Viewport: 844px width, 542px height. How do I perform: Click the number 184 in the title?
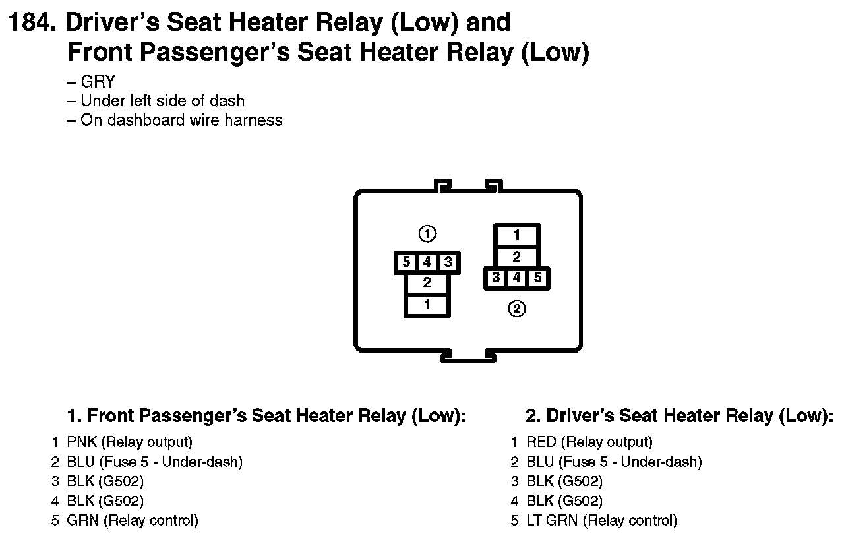coord(29,23)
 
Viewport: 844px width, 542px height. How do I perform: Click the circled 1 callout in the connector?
coord(427,233)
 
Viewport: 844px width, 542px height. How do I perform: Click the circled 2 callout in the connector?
coord(517,308)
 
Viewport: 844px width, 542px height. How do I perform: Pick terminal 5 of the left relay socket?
coord(407,262)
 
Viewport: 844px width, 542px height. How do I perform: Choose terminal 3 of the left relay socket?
coord(448,262)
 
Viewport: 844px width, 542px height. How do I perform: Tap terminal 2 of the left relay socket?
coord(427,284)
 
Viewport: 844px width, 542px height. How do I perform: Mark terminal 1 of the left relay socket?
coord(427,305)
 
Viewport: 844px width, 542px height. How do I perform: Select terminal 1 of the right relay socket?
coord(517,235)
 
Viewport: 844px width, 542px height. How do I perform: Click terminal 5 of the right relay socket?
coord(538,278)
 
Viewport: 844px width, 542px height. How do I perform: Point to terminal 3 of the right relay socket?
coord(496,278)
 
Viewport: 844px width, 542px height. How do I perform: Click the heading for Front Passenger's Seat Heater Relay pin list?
coord(266,416)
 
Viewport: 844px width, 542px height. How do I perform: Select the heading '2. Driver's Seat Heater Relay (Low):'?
coord(679,416)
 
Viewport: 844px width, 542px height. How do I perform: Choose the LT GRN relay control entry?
coord(601,520)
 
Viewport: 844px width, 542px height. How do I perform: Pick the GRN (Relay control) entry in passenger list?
coord(132,520)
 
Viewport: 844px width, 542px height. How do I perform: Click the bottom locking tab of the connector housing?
coord(468,356)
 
